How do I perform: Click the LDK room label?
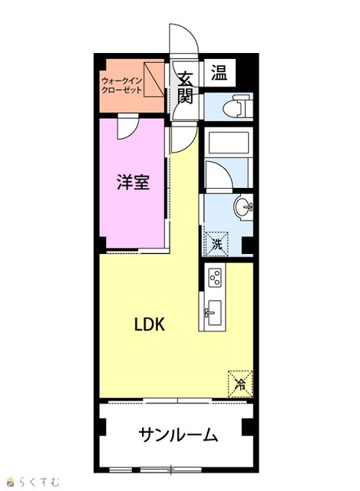click(x=150, y=325)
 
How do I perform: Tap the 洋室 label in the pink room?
click(x=133, y=182)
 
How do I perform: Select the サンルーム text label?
click(x=178, y=435)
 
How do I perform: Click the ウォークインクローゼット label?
click(x=122, y=85)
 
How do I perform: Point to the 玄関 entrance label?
click(x=185, y=88)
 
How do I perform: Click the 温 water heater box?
click(x=219, y=73)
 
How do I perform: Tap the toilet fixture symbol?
click(x=237, y=107)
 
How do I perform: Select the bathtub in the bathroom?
click(x=228, y=143)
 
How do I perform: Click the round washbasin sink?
click(x=243, y=206)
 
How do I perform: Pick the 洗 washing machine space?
click(x=216, y=244)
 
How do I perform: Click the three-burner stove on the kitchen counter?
click(x=216, y=278)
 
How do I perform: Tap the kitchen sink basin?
click(x=213, y=312)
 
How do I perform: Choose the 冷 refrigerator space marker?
click(x=240, y=384)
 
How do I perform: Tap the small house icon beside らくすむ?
click(x=11, y=482)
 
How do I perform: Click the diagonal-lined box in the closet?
click(x=154, y=80)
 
